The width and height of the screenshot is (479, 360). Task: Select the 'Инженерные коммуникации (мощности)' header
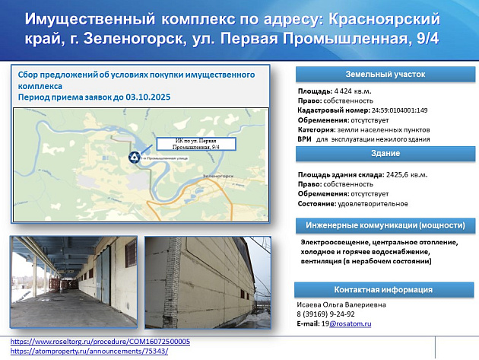384,226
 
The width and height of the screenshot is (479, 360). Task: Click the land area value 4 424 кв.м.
347,91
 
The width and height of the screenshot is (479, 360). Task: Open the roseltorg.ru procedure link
100,342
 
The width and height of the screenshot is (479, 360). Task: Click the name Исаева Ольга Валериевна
341,305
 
